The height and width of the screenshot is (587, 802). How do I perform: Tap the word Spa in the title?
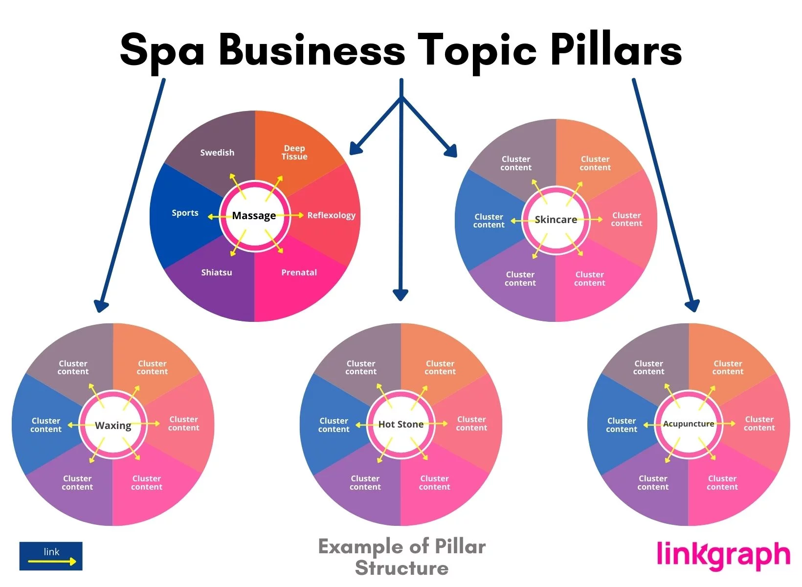coord(162,51)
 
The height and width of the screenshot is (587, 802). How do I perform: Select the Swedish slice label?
coord(217,153)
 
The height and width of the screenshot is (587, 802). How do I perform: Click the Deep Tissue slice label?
coord(294,152)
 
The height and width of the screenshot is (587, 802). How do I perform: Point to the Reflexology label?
coord(331,215)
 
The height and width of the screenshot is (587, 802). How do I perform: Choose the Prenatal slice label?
coord(299,272)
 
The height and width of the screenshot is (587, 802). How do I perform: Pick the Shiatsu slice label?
coord(217,272)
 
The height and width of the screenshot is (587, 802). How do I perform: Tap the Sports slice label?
coord(185,213)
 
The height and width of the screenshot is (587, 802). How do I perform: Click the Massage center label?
coord(254,216)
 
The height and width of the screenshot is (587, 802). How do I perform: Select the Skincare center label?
coord(556,220)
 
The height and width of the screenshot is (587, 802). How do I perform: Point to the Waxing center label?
coord(113,426)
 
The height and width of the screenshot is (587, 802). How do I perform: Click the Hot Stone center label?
coord(401,425)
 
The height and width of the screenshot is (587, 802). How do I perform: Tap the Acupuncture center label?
coord(689,424)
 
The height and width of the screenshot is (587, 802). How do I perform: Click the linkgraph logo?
coord(723,555)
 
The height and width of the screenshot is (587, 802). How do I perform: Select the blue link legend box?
coord(51,556)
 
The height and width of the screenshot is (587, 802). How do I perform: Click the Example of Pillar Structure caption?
coord(401,557)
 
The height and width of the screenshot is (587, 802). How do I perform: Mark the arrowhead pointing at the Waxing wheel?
coord(101,306)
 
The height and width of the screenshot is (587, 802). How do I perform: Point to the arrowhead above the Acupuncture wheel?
coord(692,306)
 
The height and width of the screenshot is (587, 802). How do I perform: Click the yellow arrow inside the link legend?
coord(52,561)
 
